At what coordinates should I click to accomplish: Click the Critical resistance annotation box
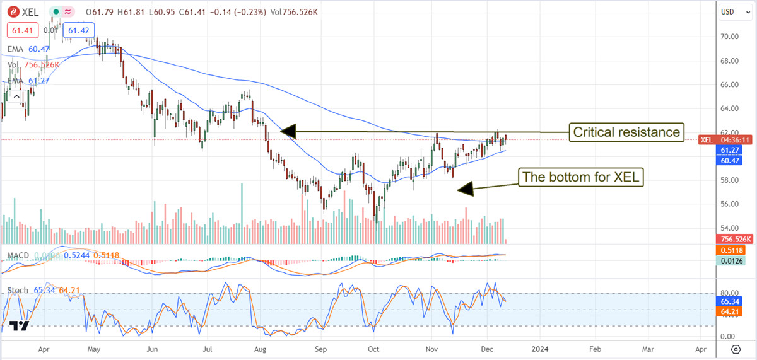click(626, 132)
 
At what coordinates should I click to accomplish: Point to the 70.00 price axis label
click(729, 37)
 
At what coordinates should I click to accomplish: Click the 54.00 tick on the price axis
click(729, 228)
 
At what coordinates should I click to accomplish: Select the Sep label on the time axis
click(321, 348)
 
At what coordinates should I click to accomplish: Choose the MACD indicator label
click(18, 255)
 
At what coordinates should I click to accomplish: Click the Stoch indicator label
click(18, 290)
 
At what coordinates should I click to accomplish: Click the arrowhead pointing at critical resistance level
click(287, 131)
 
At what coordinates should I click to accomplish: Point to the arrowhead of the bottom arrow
click(464, 188)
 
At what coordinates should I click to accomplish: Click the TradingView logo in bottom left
click(20, 325)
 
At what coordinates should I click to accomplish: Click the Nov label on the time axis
click(432, 348)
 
